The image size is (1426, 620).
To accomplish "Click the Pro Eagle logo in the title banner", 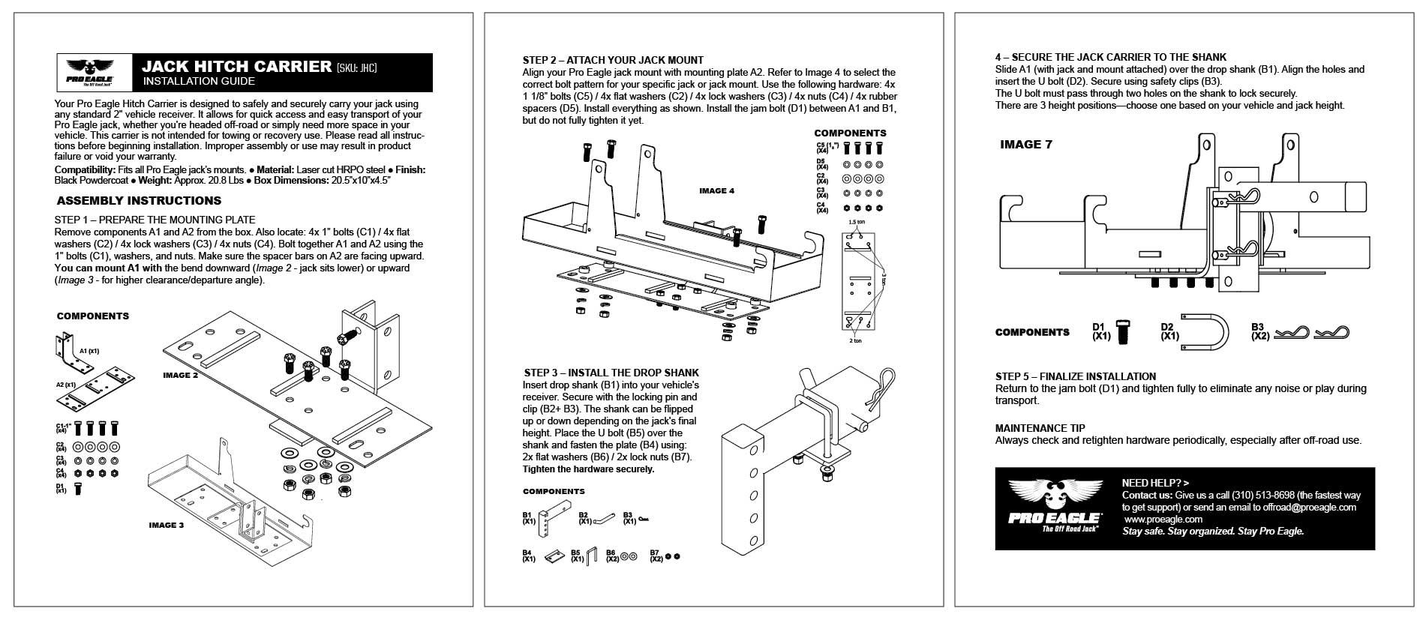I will click(93, 73).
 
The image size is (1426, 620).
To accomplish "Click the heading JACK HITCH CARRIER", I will click(236, 66).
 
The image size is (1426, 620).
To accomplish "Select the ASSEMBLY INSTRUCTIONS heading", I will click(139, 201).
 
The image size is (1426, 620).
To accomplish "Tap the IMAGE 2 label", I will click(180, 375).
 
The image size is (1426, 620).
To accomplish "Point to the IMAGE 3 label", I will click(166, 525).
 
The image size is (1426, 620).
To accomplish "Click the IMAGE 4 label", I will click(716, 190).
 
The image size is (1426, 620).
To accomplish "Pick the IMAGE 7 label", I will click(1025, 145).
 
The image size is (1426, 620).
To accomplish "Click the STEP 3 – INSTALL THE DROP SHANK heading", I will click(611, 373).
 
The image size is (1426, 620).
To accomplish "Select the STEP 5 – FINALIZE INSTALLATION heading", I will click(1075, 376).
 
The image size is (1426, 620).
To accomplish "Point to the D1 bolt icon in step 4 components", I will click(1123, 331).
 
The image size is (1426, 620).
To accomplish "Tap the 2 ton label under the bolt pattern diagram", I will click(855, 341).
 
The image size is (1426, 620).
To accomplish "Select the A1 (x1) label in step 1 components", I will click(89, 351).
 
